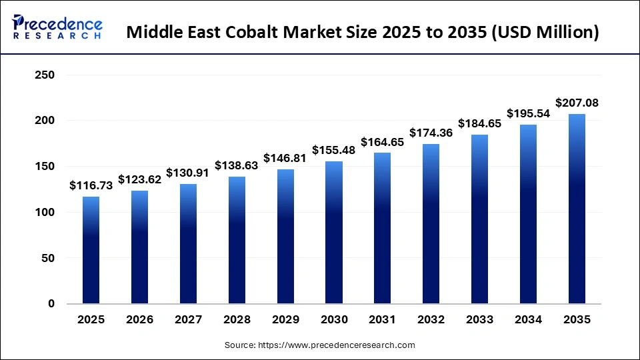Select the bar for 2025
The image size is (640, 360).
[91, 250]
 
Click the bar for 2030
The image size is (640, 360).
[334, 232]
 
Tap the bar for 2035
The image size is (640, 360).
[577, 209]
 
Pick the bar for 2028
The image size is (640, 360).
[237, 240]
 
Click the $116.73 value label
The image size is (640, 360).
[91, 186]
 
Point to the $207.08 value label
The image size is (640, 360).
[577, 103]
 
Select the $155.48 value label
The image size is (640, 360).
[334, 151]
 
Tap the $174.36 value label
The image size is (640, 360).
[431, 133]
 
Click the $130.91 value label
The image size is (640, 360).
[188, 173]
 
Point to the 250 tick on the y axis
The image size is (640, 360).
[45, 75]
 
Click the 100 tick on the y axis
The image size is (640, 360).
[45, 213]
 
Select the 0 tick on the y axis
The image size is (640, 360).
[51, 304]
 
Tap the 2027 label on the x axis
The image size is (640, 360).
[188, 320]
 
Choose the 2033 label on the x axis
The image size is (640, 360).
[480, 320]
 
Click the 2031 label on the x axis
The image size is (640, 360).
[383, 320]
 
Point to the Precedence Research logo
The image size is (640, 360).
[57, 27]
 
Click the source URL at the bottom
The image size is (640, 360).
[320, 345]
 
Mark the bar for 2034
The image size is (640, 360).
[529, 214]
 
